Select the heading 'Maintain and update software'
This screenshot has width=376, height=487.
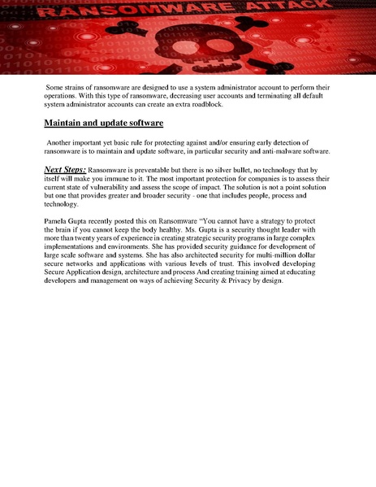point(103,123)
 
